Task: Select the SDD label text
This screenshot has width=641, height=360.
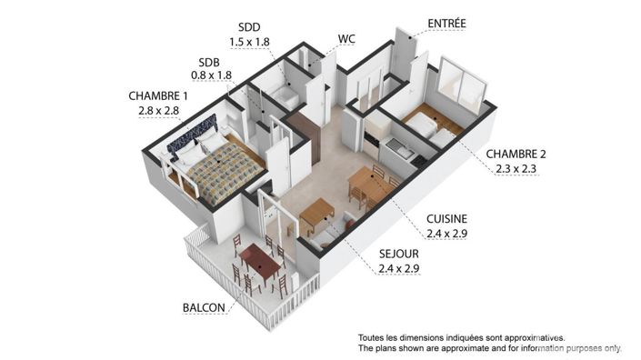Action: coord(248,27)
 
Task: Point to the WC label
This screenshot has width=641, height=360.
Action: coord(346,39)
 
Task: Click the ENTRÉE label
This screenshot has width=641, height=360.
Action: coord(447,24)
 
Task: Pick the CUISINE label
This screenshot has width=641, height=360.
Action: coord(448,218)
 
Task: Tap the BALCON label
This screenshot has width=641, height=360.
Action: coord(203,307)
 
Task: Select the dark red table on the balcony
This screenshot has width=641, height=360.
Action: coord(260,265)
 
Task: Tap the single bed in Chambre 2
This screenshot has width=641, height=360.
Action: coord(427,127)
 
